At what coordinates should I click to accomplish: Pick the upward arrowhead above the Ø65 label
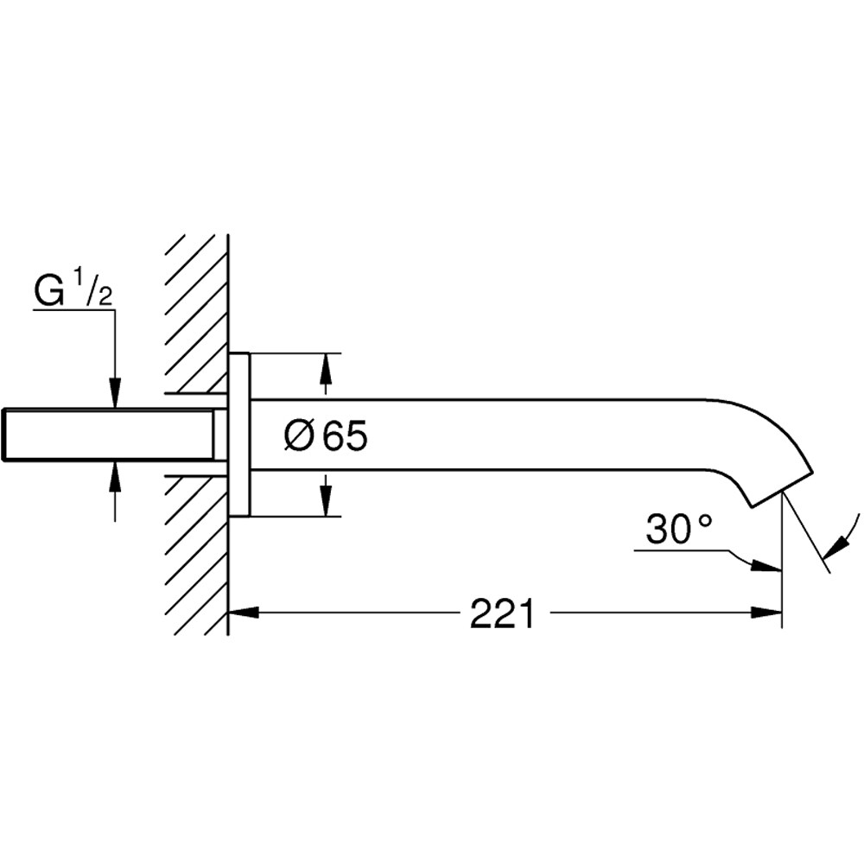click(326, 368)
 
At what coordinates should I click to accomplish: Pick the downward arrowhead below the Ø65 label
click(326, 502)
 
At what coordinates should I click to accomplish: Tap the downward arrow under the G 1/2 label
click(115, 392)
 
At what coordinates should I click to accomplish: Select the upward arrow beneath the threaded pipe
click(115, 476)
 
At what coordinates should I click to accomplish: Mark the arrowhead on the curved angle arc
click(835, 545)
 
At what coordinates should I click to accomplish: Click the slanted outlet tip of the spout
click(781, 489)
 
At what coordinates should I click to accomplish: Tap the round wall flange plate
click(239, 435)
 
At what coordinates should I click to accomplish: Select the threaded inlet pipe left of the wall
click(108, 434)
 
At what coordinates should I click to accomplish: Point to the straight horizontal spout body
click(475, 435)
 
